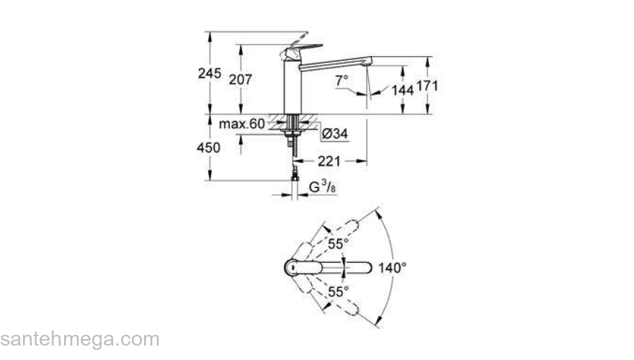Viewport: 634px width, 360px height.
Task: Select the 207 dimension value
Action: click(241, 80)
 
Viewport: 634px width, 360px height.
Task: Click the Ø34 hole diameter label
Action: click(336, 133)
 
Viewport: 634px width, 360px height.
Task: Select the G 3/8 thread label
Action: click(321, 189)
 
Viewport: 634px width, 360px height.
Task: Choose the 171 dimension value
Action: click(428, 85)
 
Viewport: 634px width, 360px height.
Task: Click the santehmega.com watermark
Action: click(79, 339)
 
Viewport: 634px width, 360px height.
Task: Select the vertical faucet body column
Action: click(292, 86)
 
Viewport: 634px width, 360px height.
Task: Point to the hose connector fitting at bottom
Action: click(295, 175)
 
